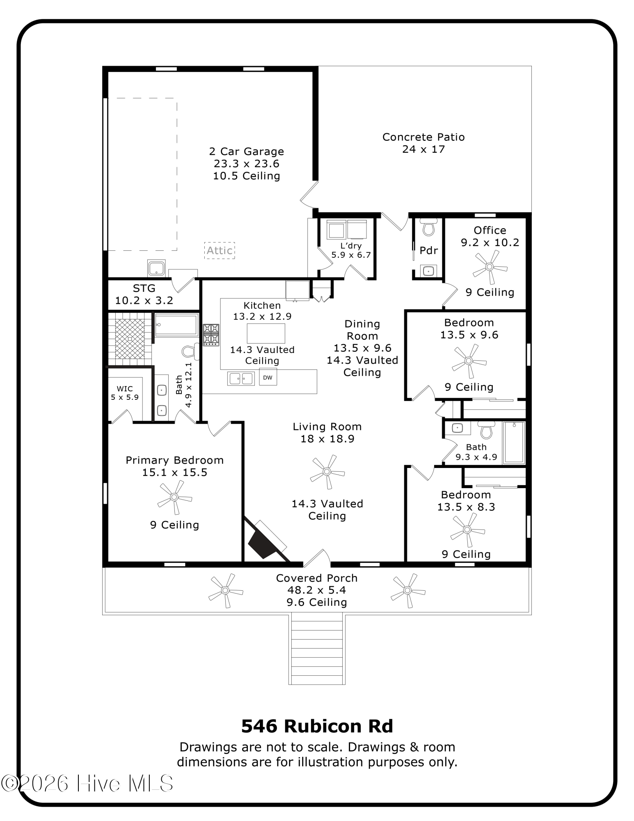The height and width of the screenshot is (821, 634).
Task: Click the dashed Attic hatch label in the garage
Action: pos(220,250)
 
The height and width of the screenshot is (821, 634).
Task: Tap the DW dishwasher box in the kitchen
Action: pos(268,377)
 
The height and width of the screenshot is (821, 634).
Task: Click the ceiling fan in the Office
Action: pos(490,267)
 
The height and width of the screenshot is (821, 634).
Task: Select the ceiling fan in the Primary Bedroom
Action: pos(174,497)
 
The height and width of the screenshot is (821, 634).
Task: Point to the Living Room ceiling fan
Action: pos(327,472)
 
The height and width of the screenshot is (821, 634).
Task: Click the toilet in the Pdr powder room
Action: pos(428,227)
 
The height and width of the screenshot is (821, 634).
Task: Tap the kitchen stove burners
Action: pos(211,334)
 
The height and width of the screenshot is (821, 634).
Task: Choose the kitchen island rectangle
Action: pos(266,333)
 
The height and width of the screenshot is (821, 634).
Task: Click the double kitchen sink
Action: pos(241,378)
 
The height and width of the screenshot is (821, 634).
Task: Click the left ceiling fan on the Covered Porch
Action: pos(225,590)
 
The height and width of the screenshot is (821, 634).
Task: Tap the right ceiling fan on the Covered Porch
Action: pos(407,590)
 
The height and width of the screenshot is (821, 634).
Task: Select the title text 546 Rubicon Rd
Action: pos(317,726)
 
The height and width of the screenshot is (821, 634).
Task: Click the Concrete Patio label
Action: pos(423,143)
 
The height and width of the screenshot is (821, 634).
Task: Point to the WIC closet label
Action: pos(125,393)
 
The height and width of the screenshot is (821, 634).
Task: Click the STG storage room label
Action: pos(144,294)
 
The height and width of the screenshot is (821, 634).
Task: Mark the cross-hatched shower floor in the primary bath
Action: pos(130,339)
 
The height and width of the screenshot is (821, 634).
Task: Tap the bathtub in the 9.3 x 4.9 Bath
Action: pos(514,443)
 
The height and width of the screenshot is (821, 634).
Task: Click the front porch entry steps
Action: pos(317,649)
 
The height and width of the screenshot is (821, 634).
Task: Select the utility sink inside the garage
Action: pos(156,268)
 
